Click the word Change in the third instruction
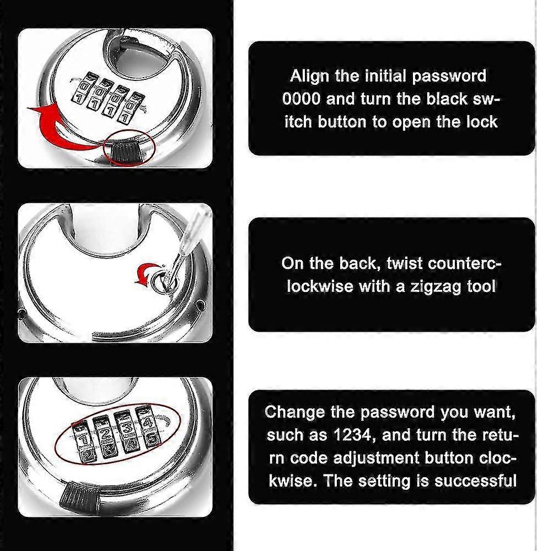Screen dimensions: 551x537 coord(294,412)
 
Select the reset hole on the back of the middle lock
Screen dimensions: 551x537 coord(159,279)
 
